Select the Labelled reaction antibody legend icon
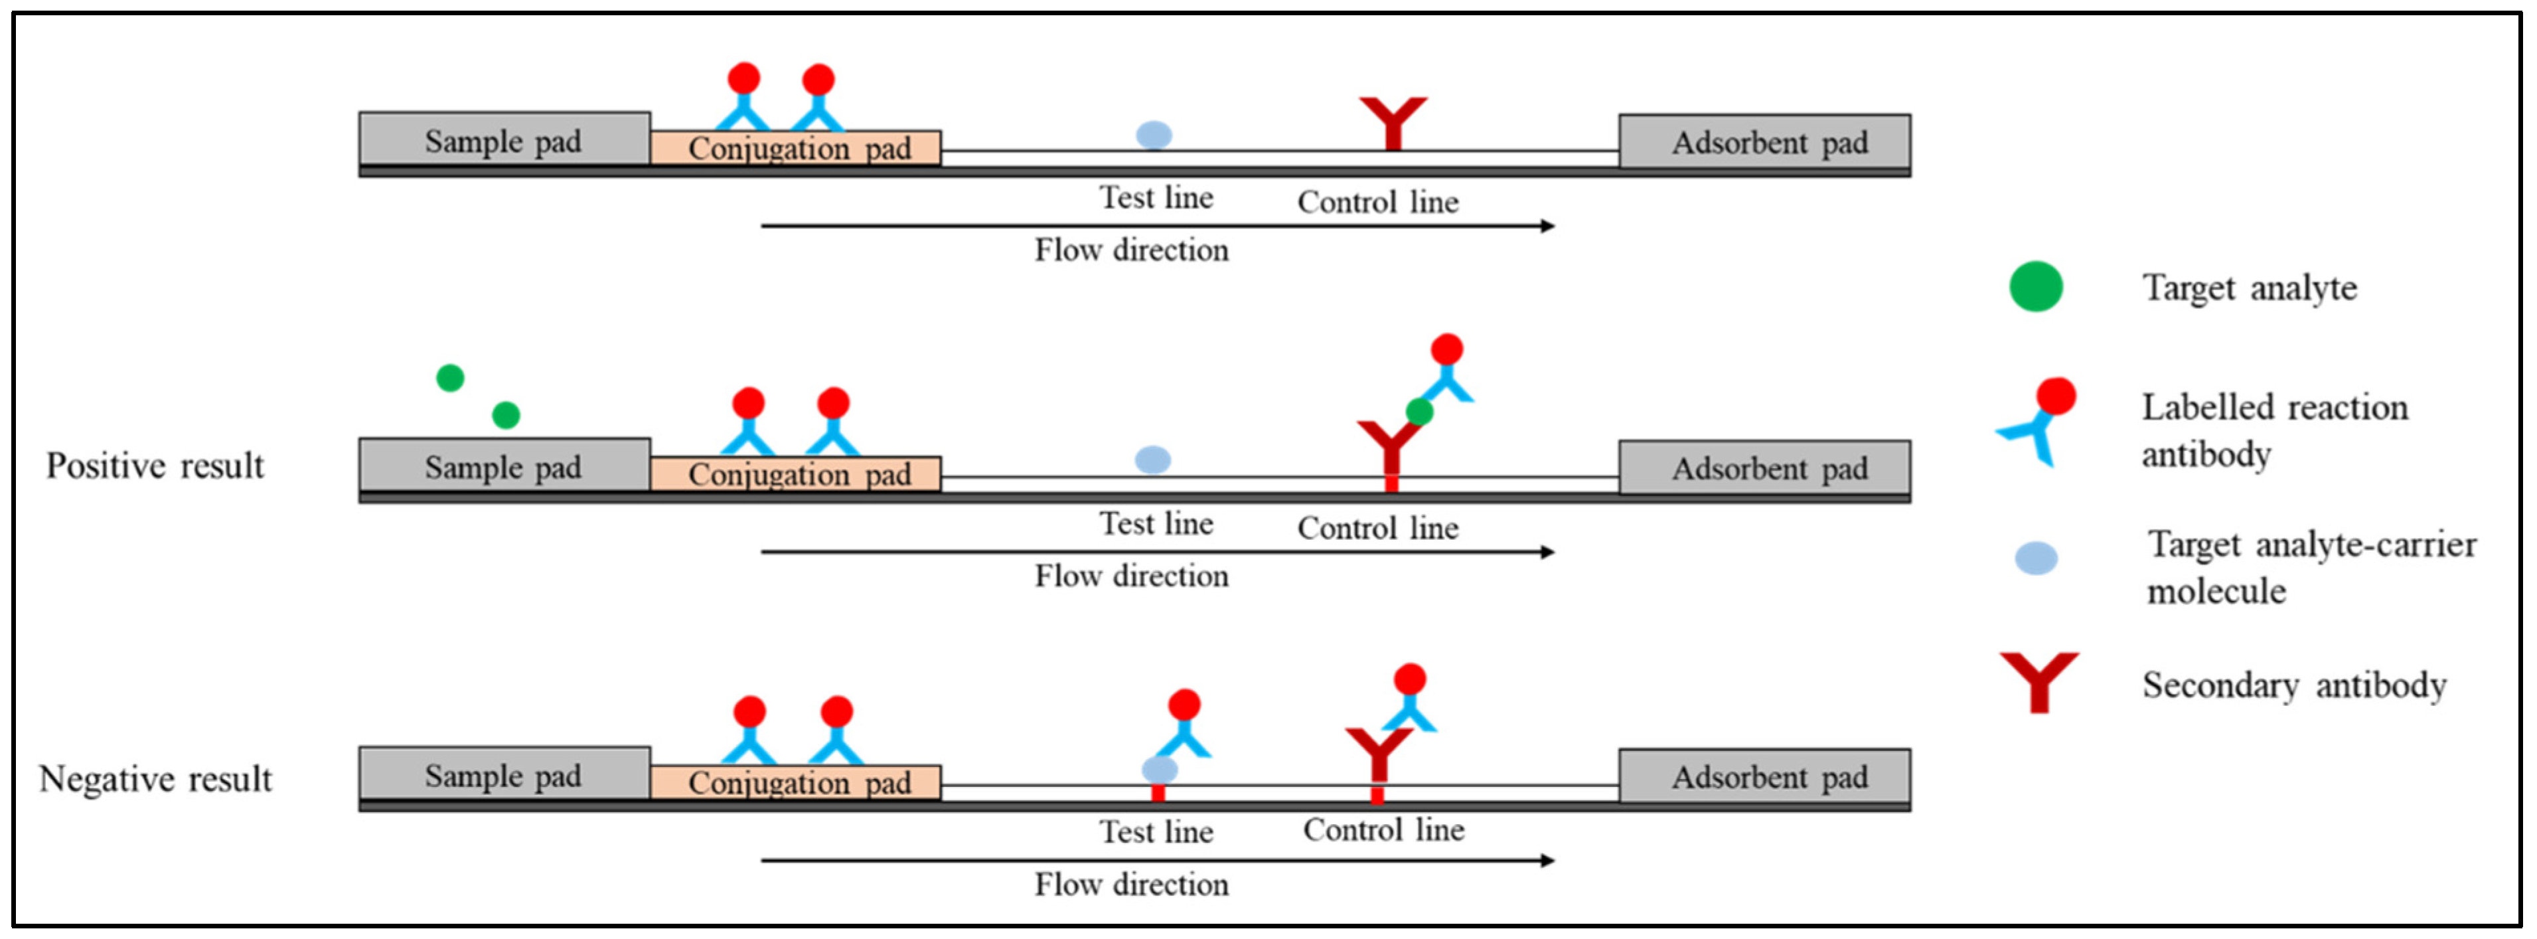click(2037, 422)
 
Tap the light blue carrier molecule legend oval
click(2036, 558)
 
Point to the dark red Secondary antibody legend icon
click(2038, 680)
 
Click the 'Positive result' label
click(155, 465)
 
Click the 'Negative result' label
click(155, 778)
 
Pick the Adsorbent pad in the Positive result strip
click(1769, 468)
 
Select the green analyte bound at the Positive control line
click(1419, 412)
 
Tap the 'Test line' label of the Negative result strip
click(1156, 831)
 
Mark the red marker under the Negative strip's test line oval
click(1158, 792)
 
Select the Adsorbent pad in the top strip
click(1769, 142)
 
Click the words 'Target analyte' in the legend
click(2250, 288)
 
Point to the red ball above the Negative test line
click(1184, 705)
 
